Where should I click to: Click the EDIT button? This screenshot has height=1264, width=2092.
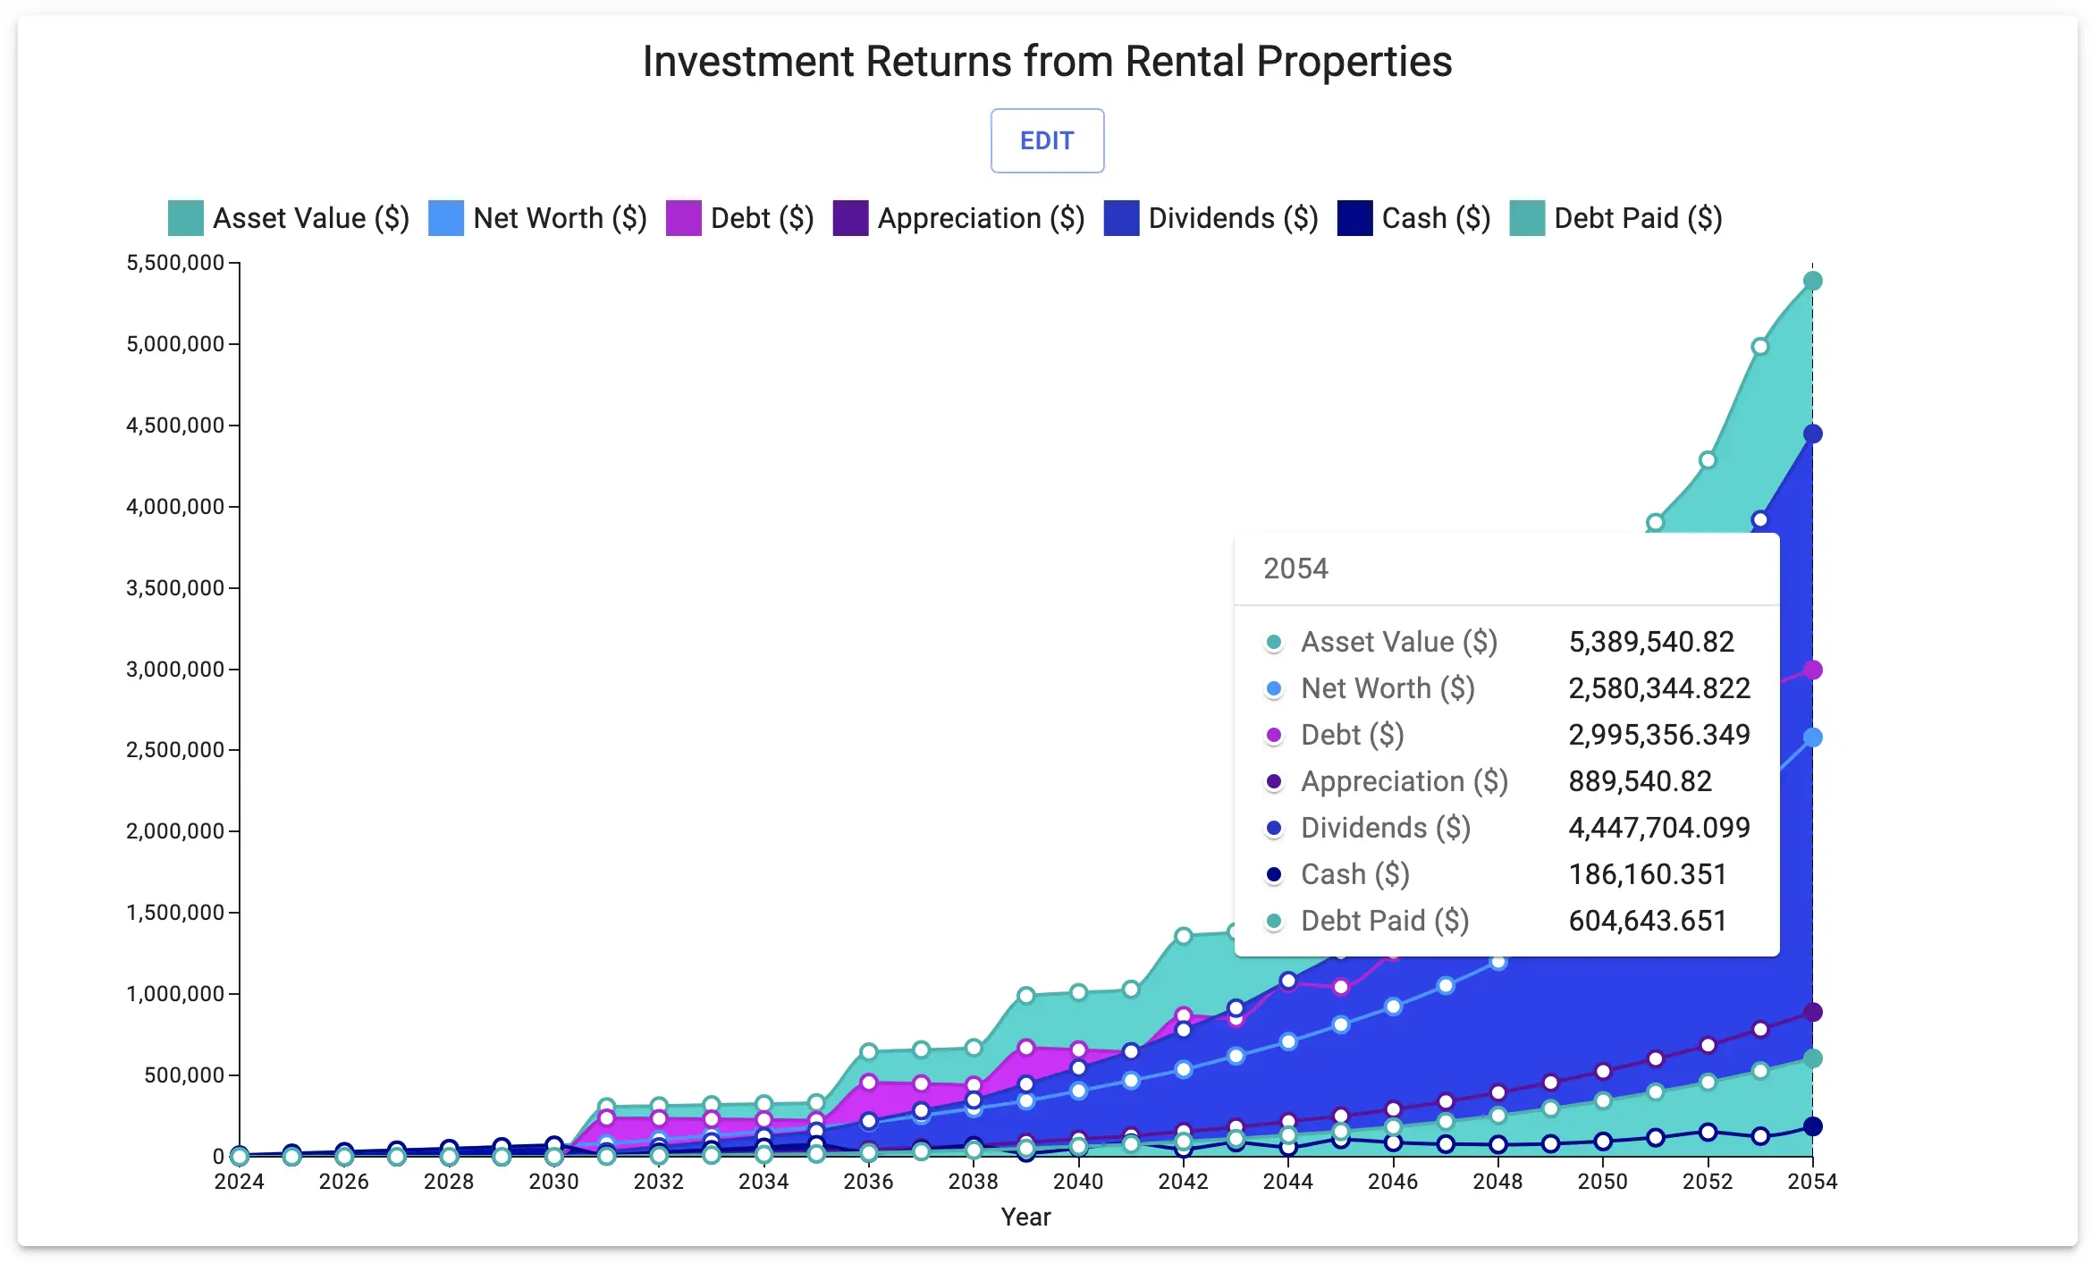pos(1047,141)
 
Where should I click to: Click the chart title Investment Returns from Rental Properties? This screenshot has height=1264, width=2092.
pos(1047,62)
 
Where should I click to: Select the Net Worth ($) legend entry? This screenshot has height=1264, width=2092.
pos(538,218)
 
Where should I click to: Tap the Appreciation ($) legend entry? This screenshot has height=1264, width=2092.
pos(959,218)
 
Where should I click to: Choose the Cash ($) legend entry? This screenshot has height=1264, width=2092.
pos(1414,218)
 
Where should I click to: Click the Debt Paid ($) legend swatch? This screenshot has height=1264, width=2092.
pos(1527,218)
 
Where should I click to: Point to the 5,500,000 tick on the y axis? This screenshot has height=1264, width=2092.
pos(175,263)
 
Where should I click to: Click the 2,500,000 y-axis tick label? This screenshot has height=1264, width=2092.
pos(175,750)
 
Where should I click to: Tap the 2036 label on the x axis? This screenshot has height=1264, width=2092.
pos(868,1182)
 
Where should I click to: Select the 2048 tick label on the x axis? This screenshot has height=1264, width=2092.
pos(1497,1182)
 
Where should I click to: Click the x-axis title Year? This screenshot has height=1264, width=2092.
pos(1025,1218)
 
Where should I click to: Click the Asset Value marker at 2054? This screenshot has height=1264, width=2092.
pos(1812,281)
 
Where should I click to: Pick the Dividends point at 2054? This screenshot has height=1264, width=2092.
pos(1812,434)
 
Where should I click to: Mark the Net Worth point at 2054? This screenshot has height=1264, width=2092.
pos(1812,737)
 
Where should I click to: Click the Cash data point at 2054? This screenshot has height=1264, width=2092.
pos(1812,1126)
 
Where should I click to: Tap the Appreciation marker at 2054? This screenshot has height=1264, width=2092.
pos(1812,1012)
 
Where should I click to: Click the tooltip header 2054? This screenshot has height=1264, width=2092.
pos(1295,569)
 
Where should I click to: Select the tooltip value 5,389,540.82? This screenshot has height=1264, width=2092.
pos(1650,642)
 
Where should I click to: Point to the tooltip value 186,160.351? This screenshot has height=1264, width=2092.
pos(1647,874)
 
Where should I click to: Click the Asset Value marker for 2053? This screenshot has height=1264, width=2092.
pos(1759,346)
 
